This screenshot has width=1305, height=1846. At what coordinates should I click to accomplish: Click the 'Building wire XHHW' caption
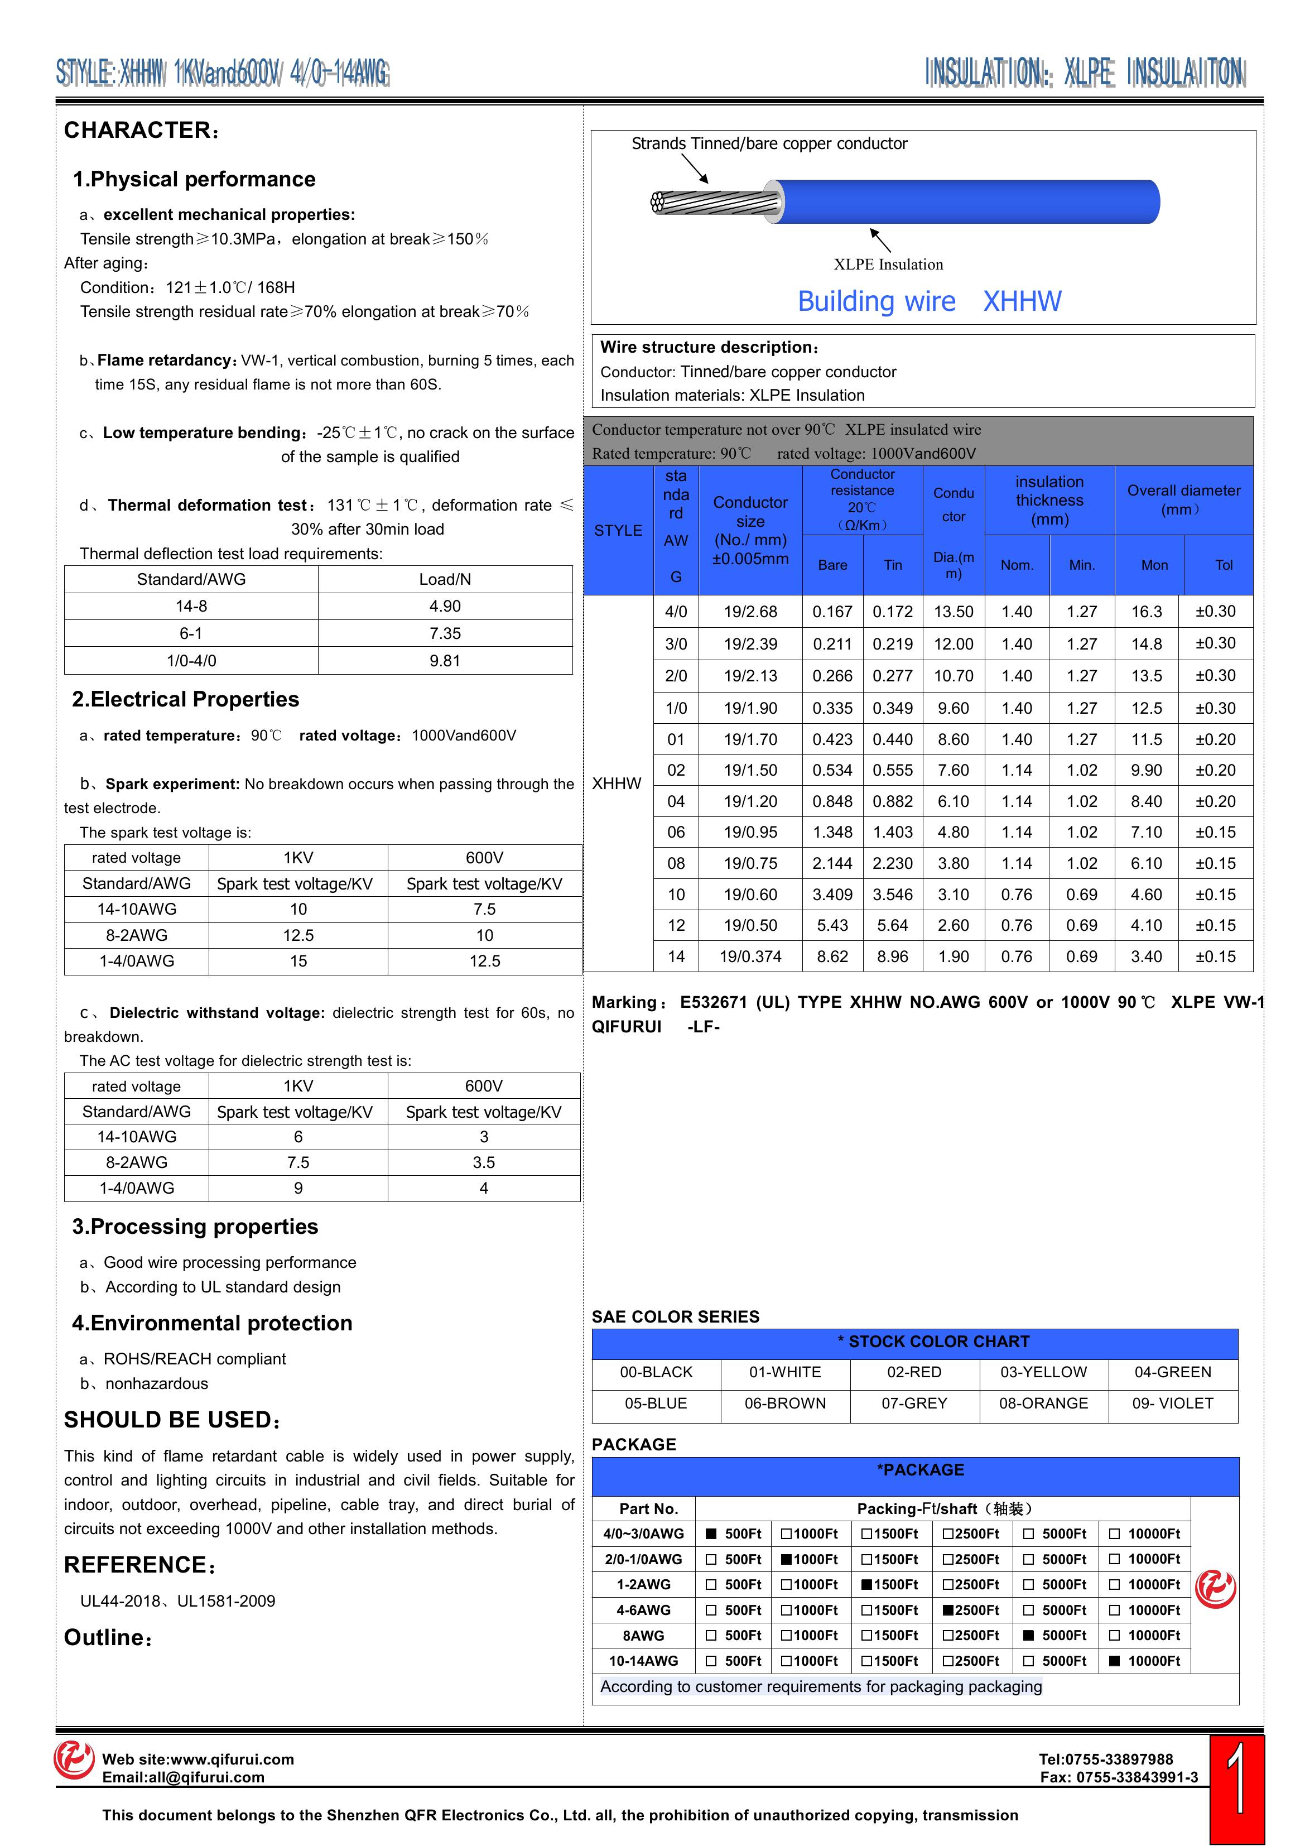click(929, 301)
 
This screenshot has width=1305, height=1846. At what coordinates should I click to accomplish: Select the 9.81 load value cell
click(445, 661)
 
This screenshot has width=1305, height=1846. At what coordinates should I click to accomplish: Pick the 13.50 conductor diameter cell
click(954, 612)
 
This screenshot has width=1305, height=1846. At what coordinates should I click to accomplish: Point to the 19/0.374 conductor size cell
click(750, 957)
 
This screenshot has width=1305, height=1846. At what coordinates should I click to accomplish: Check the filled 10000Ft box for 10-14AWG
click(1114, 1661)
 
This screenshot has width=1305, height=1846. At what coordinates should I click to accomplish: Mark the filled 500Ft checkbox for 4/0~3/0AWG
click(711, 1534)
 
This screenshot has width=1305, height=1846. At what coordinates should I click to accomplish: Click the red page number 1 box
click(1237, 1790)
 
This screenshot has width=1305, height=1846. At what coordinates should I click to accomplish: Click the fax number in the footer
click(1119, 1778)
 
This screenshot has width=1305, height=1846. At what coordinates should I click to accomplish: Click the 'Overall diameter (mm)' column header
click(1183, 499)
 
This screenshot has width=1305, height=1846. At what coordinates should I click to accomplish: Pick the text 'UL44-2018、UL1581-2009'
click(177, 1602)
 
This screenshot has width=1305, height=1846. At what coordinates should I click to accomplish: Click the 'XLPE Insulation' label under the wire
click(888, 265)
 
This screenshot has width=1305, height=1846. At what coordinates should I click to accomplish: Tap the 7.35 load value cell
click(445, 633)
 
